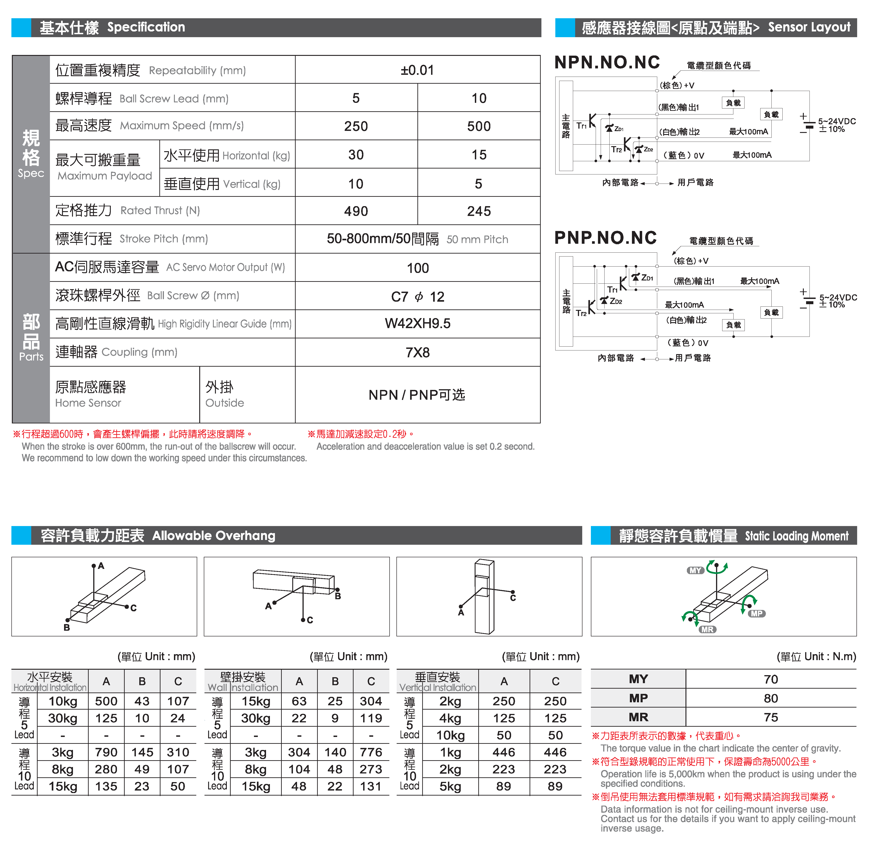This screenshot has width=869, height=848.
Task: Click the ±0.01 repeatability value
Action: click(417, 70)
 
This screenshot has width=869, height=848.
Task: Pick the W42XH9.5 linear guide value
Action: click(418, 324)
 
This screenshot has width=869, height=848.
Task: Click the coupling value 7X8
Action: click(418, 353)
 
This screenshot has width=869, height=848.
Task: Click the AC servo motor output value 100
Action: click(418, 268)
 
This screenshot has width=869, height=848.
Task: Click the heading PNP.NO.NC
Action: click(605, 238)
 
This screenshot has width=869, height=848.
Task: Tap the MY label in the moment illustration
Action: click(695, 571)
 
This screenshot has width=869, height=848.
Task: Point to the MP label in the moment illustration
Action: click(756, 614)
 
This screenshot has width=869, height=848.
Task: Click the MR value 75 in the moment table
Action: click(771, 718)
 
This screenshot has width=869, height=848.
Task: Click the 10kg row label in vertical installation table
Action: click(450, 735)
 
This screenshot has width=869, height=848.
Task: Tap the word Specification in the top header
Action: click(146, 27)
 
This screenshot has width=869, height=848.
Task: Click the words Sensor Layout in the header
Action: click(809, 27)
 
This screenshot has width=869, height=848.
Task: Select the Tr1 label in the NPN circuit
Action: click(581, 126)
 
